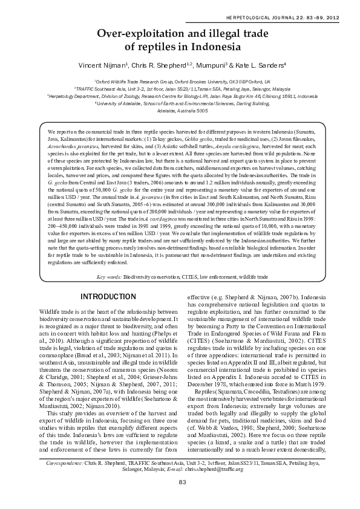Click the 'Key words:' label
point(109,276)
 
